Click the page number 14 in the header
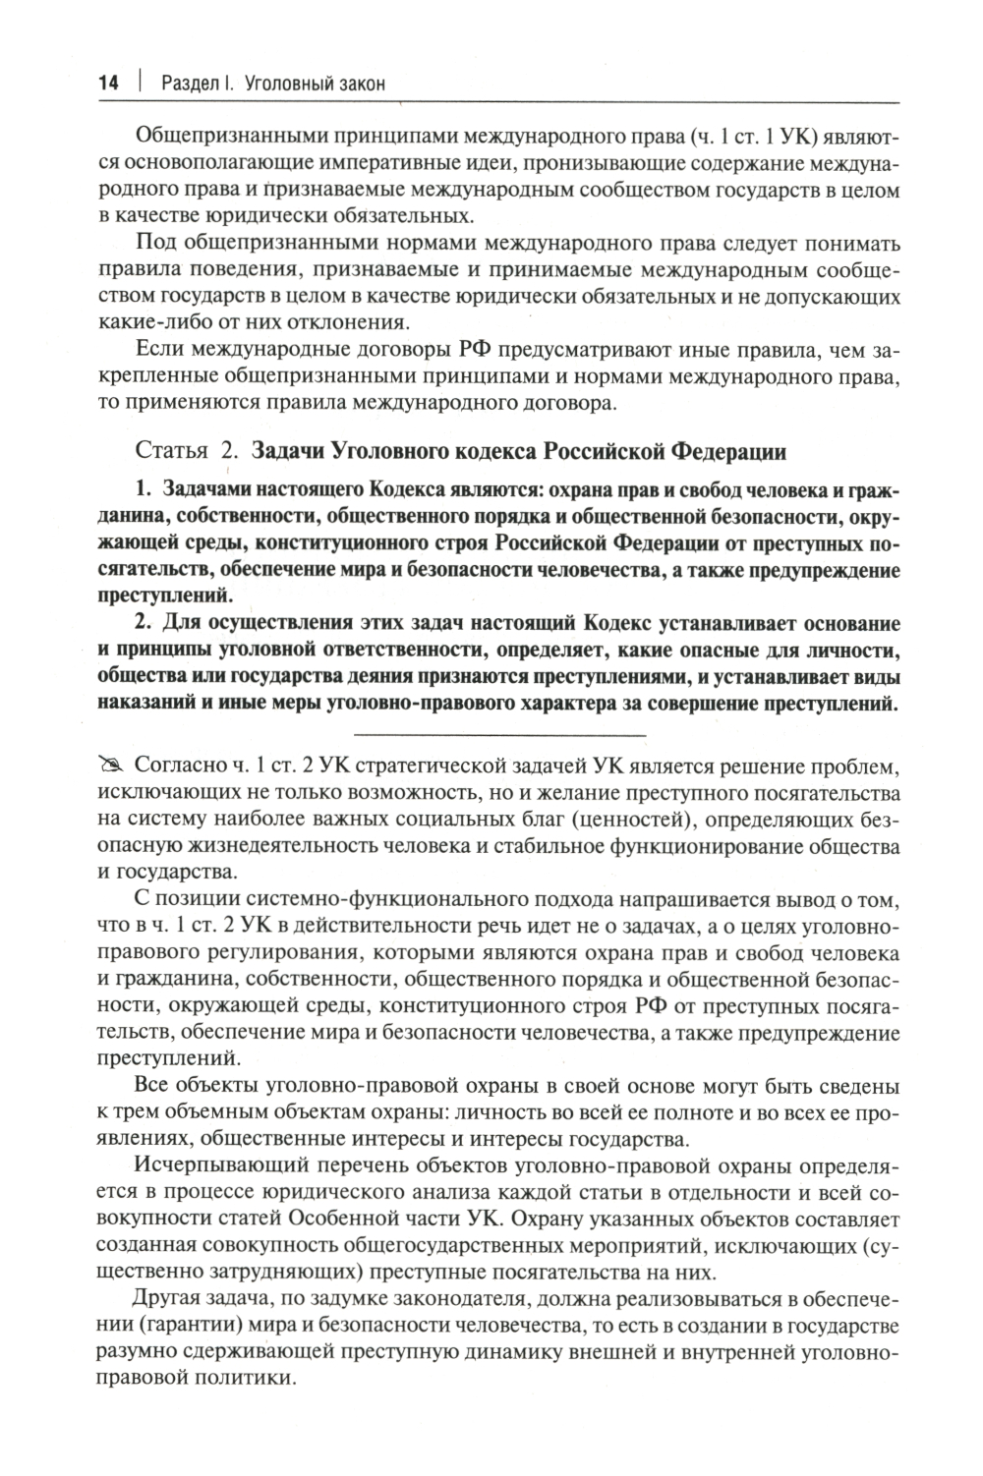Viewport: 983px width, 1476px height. (107, 84)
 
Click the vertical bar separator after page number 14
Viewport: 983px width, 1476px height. (140, 84)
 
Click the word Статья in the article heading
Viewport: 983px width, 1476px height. (170, 452)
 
